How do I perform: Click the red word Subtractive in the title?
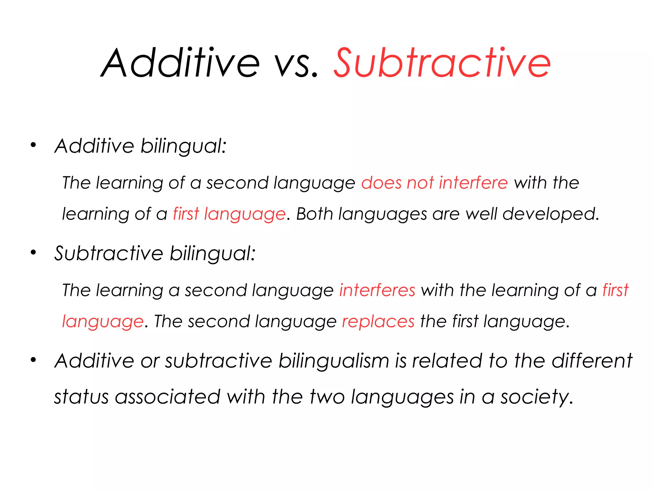tap(442, 63)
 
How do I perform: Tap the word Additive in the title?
tap(181, 63)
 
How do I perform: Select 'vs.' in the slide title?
tap(297, 66)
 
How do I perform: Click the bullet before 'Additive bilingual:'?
tap(33, 145)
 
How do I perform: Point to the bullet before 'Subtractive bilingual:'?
tap(33, 253)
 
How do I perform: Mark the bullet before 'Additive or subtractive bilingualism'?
tap(33, 360)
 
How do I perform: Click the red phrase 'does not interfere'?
tap(434, 183)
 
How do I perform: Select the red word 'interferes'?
tap(377, 290)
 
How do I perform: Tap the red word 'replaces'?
tap(378, 321)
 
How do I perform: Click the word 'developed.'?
tap(551, 214)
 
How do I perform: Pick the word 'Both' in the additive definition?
tap(315, 214)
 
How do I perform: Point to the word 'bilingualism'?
tap(334, 361)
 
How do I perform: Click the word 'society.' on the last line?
tap(536, 397)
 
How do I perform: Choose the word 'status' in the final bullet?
tap(81, 397)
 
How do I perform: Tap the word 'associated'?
tap(168, 397)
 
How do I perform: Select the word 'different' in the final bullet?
tap(592, 361)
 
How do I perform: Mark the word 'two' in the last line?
tap(327, 397)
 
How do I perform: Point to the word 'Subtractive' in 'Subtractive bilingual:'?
tap(109, 253)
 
